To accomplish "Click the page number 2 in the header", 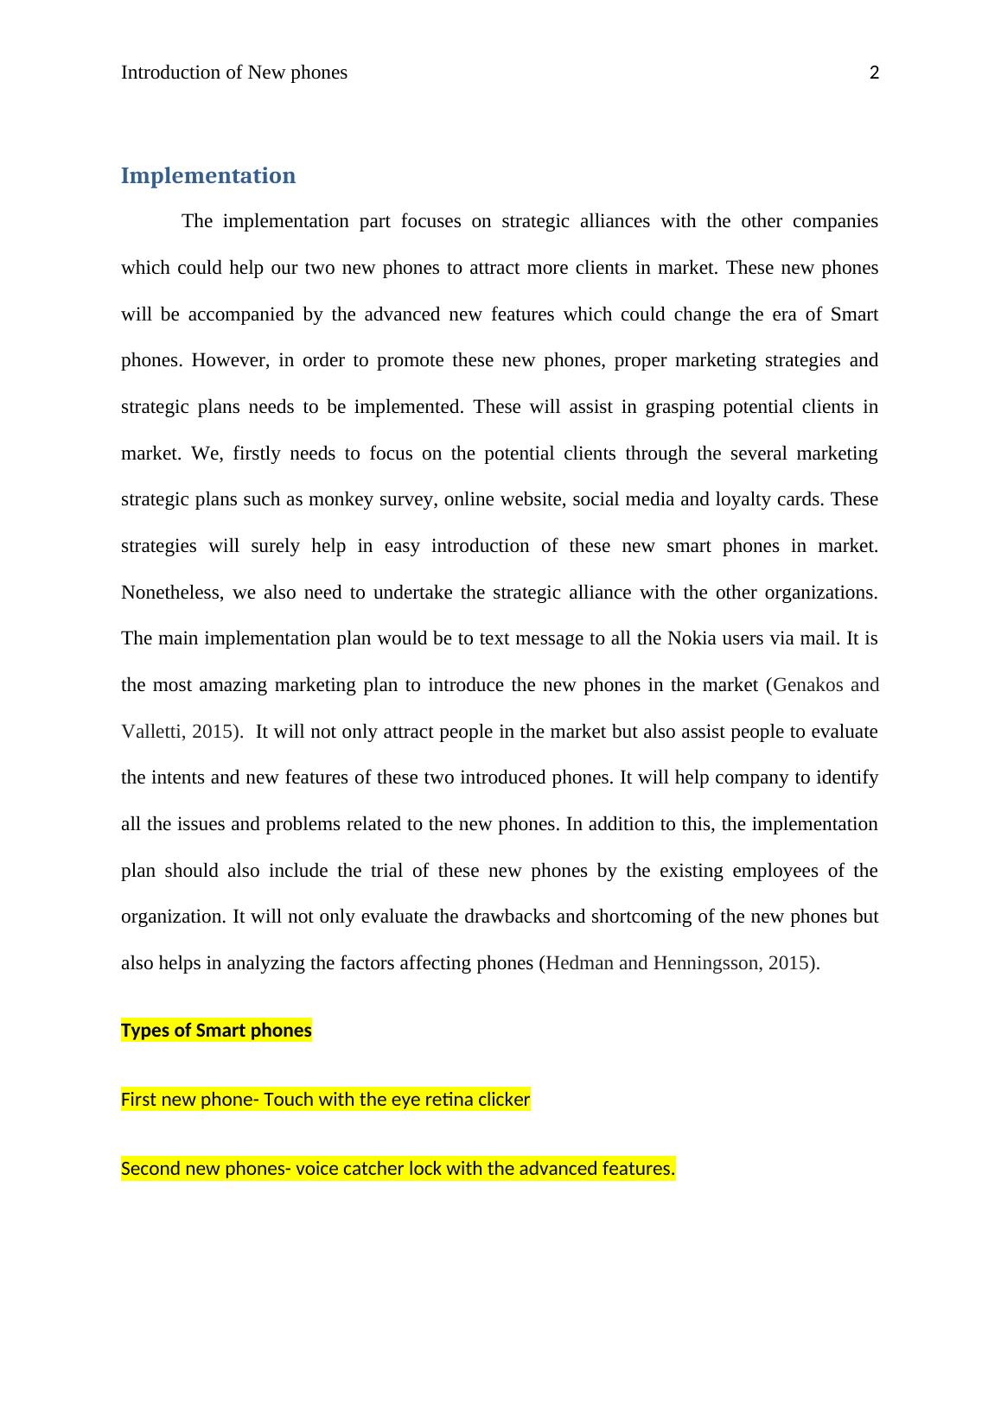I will point(874,73).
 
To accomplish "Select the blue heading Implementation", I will point(207,176).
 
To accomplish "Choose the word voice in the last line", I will point(316,1169).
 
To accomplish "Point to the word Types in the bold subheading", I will point(143,1031).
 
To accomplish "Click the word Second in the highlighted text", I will point(149,1169).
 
